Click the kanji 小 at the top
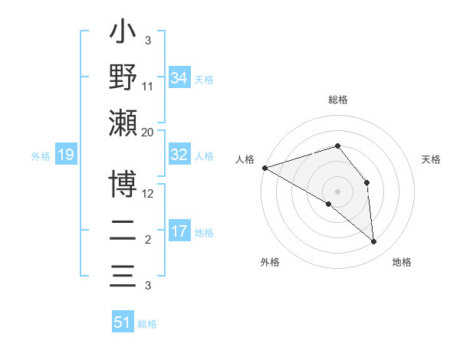pyautogui.click(x=123, y=34)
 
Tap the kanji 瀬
pyautogui.click(x=123, y=123)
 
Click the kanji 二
pyautogui.click(x=123, y=231)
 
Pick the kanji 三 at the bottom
pyautogui.click(x=123, y=276)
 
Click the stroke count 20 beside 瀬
pyautogui.click(x=148, y=132)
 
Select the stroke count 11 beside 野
pyautogui.click(x=148, y=86)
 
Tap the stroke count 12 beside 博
pyautogui.click(x=148, y=194)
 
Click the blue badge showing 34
pyautogui.click(x=179, y=77)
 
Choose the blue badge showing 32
pyautogui.click(x=179, y=154)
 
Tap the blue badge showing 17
pyautogui.click(x=179, y=231)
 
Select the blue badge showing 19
pyautogui.click(x=66, y=155)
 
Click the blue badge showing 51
pyautogui.click(x=122, y=322)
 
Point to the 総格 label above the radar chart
pyautogui.click(x=338, y=100)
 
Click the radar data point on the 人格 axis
pyautogui.click(x=264, y=167)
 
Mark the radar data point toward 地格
pyautogui.click(x=373, y=241)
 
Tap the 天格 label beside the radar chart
pyautogui.click(x=432, y=159)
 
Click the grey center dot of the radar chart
pyautogui.click(x=338, y=191)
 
